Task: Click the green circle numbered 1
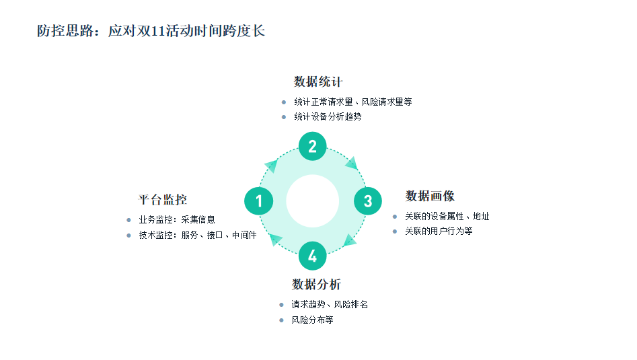258,201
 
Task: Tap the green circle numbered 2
312,146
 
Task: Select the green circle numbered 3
367,201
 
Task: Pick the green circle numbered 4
312,256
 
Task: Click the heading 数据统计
318,82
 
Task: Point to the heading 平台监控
163,200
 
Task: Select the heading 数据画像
430,196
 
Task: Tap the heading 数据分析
316,285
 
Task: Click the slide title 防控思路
151,31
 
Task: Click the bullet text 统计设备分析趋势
328,117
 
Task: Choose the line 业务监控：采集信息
177,219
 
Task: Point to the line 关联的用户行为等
439,231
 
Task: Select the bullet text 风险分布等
312,320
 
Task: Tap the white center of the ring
312,201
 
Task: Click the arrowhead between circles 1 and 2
271,166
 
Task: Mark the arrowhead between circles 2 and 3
350,164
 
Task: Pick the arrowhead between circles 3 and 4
350,240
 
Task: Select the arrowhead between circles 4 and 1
274,238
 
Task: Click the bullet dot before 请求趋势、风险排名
282,305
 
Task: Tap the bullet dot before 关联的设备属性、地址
395,217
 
